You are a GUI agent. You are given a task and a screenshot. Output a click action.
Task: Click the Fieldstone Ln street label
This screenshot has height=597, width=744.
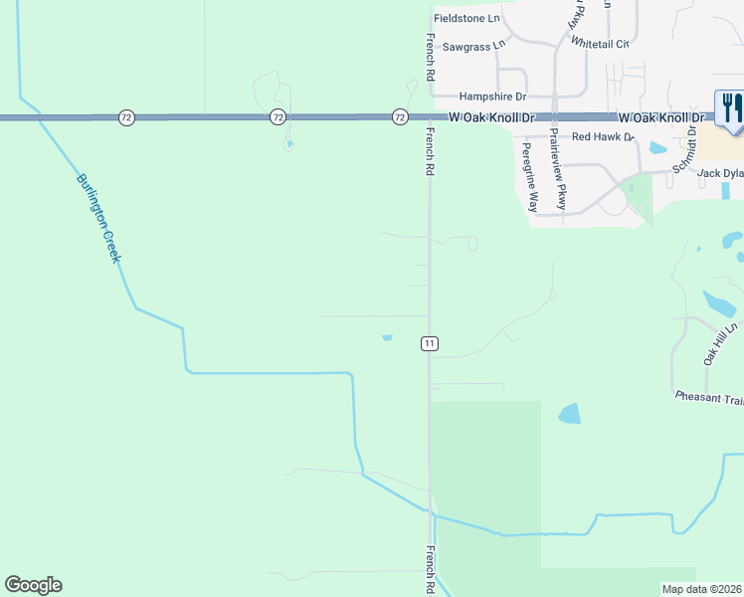click(x=465, y=19)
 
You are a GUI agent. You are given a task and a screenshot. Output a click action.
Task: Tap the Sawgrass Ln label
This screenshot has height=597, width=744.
click(x=473, y=46)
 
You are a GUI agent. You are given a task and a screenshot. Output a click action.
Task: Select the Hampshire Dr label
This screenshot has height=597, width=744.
click(x=490, y=97)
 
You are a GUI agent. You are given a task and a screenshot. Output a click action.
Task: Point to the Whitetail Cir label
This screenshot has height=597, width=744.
click(x=600, y=44)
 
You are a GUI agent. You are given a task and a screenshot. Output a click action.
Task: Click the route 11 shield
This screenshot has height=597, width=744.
click(x=429, y=343)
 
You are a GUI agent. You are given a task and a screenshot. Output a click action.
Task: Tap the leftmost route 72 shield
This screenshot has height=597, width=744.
click(x=125, y=117)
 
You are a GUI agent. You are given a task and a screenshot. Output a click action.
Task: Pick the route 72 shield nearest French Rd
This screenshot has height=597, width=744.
click(x=399, y=117)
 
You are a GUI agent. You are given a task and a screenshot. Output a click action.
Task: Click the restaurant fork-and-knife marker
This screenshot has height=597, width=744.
click(x=730, y=110)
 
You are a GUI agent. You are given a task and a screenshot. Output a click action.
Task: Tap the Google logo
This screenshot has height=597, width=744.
click(x=33, y=585)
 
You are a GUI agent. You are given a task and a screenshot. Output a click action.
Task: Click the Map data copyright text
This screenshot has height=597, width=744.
click(x=702, y=589)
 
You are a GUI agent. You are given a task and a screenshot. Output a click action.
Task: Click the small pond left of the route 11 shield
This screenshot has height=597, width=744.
click(x=387, y=337)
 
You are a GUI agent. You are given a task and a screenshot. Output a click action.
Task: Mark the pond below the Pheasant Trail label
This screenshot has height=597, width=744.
click(x=569, y=413)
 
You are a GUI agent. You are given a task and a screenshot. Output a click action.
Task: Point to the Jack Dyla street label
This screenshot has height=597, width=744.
click(x=720, y=173)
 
